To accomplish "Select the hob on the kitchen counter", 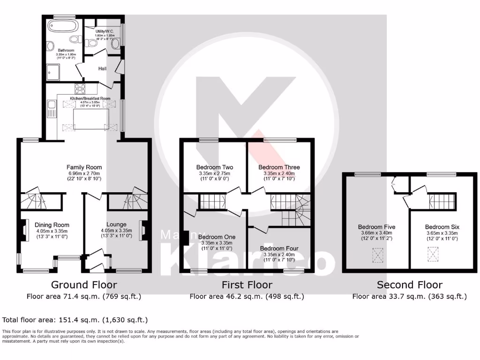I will point(80,88).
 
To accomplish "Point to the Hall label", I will point(103,68).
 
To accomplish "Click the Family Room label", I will point(84,167).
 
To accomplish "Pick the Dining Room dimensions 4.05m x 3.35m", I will point(52,231).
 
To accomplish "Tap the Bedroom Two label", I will point(214,167).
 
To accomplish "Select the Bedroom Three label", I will point(279,167).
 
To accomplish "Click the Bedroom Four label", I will point(279,248).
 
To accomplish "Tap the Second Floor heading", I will point(409,285).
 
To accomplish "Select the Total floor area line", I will point(75,320).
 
